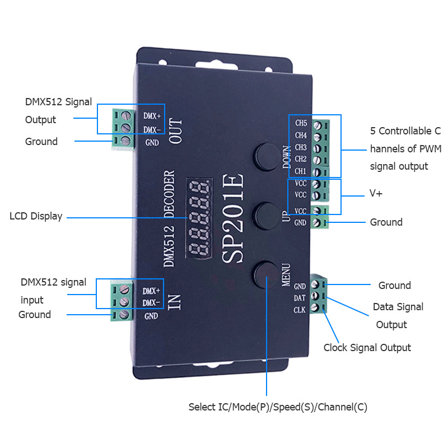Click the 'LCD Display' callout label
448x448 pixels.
point(36,216)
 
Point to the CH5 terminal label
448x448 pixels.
point(301,123)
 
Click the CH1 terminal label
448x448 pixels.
point(301,171)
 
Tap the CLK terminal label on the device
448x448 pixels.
point(300,310)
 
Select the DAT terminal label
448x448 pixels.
point(300,298)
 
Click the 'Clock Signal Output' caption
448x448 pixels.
point(367,348)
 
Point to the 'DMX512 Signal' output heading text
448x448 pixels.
point(58,102)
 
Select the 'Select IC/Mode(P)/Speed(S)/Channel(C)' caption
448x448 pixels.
point(278,407)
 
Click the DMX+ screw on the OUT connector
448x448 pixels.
point(126,116)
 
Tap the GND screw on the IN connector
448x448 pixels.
point(124,315)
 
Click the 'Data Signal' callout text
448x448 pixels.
point(398,307)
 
